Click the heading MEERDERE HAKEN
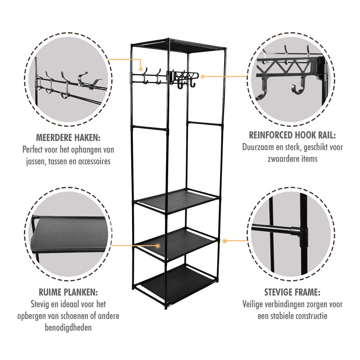click(68, 138)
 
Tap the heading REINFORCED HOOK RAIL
click(292, 135)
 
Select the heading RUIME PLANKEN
click(68, 292)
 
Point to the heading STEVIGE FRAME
click(292, 292)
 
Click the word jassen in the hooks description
click(36, 161)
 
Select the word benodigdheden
click(68, 328)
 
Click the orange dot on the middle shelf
click(158, 245)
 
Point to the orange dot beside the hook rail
click(203, 77)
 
